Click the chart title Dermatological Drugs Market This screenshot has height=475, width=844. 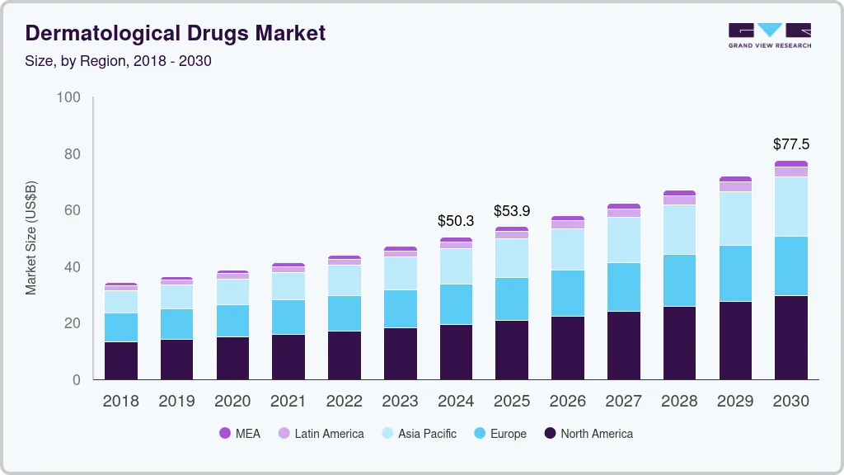(176, 33)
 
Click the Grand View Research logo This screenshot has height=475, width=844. (769, 35)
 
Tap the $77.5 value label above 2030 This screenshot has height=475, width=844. (790, 144)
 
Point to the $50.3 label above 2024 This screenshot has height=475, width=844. (456, 221)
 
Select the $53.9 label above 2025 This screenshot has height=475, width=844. (512, 211)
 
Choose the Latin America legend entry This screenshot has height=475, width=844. (321, 433)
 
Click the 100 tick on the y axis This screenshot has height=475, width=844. (68, 97)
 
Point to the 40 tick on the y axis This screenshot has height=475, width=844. (73, 267)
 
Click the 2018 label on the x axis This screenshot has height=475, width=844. (120, 402)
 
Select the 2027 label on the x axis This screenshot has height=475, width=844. (623, 402)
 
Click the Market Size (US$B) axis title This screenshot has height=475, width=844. (31, 238)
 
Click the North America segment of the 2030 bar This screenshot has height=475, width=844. (790, 337)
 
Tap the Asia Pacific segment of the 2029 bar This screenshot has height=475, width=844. (735, 219)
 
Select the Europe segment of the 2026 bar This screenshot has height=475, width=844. (567, 293)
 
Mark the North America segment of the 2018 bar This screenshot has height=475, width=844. (120, 360)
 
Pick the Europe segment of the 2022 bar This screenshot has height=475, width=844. (344, 313)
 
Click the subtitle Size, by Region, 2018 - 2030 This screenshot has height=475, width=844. (119, 61)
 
